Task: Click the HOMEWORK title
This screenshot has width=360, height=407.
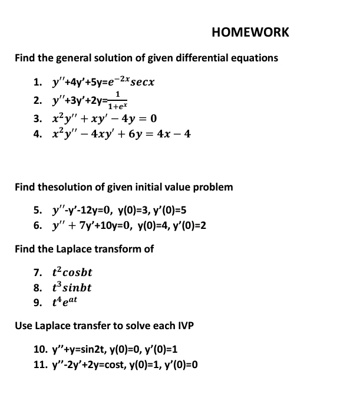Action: (x=250, y=32)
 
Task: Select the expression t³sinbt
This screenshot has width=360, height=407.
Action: (x=72, y=288)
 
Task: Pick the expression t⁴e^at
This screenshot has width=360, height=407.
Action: (x=65, y=303)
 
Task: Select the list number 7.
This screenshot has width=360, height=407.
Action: (x=38, y=273)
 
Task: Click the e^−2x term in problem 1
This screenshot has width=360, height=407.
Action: (x=115, y=80)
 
